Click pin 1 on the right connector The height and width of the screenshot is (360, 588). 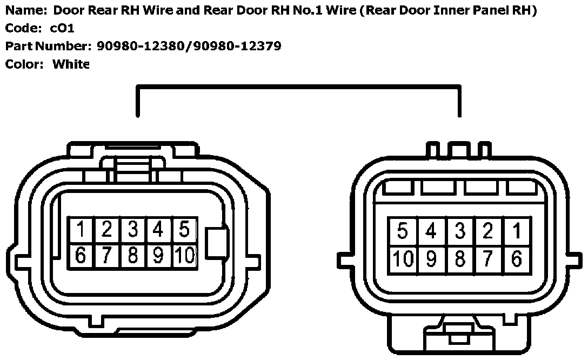(x=517, y=232)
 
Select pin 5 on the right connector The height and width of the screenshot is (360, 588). (x=402, y=232)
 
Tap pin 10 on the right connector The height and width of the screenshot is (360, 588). (x=402, y=259)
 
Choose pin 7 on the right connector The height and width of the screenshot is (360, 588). (x=488, y=259)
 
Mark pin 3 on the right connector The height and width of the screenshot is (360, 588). (x=459, y=232)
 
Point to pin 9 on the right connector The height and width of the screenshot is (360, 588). (x=431, y=259)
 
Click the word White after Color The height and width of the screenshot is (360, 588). (x=70, y=64)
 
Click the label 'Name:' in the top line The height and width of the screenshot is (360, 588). (x=22, y=10)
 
